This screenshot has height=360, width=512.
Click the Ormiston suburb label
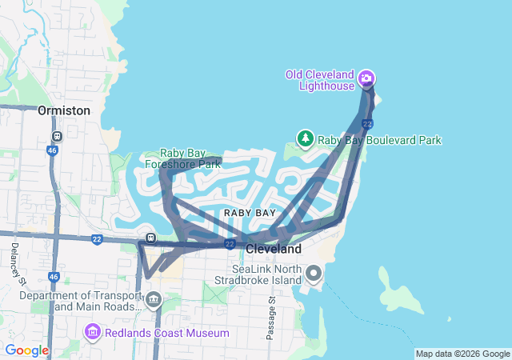click(64, 111)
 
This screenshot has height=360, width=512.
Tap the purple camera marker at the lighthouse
click(366, 78)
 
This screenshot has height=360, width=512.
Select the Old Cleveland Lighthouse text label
click(320, 80)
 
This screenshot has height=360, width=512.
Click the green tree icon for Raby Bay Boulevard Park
click(305, 139)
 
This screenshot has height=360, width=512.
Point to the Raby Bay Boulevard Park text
click(379, 140)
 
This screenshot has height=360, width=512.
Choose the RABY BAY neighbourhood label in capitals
click(250, 213)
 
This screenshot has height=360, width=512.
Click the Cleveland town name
click(273, 249)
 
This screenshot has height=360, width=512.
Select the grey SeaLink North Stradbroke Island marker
click(313, 274)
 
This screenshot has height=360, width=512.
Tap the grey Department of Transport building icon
click(153, 301)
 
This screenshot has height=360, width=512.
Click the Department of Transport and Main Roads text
click(80, 301)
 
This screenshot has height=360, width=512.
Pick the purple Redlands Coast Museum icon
click(92, 332)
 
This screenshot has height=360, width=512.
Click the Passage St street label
click(271, 318)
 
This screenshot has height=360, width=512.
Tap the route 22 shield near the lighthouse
click(366, 123)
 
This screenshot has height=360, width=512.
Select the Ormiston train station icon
click(56, 135)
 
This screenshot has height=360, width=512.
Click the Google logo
click(26, 350)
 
